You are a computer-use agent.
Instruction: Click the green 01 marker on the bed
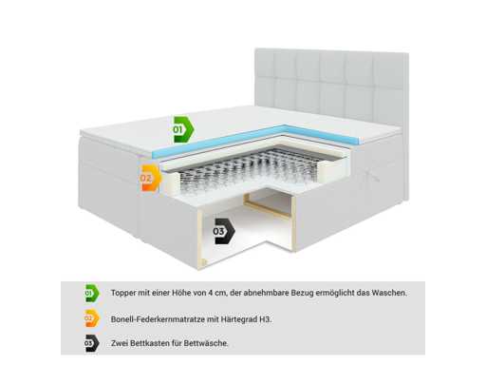click(183, 129)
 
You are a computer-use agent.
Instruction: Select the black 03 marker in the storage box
click(224, 231)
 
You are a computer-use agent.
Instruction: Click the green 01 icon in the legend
click(92, 293)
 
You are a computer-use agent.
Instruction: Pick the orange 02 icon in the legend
click(92, 318)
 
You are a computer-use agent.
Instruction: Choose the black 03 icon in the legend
click(92, 343)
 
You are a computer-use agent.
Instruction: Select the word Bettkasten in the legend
click(149, 343)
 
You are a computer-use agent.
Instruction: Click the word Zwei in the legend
click(120, 343)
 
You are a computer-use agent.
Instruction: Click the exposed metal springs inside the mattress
click(253, 169)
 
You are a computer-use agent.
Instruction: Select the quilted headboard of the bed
click(331, 86)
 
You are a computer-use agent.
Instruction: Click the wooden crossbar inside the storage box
click(269, 210)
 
